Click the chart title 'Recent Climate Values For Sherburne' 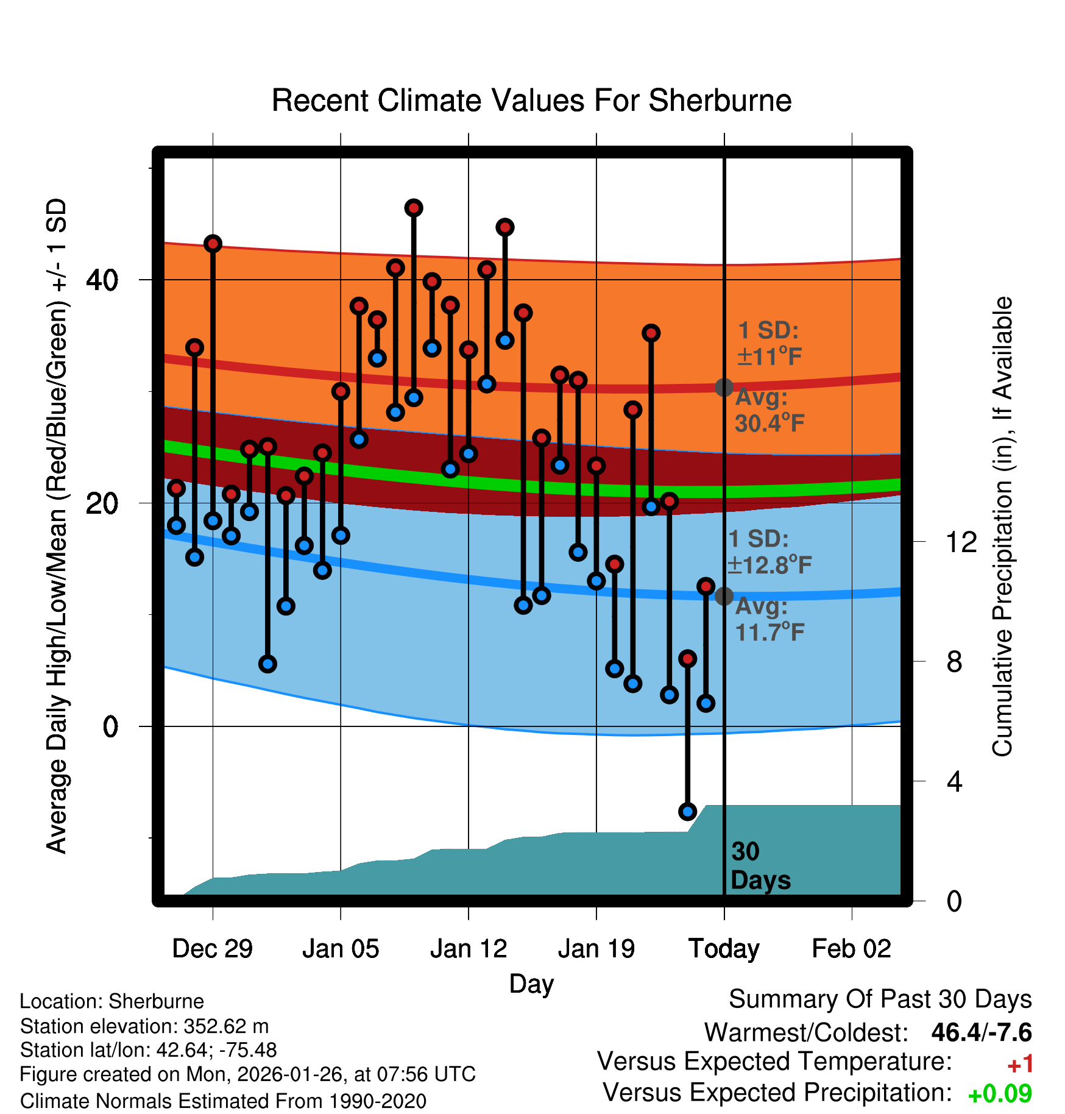531,101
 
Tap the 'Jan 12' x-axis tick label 468,949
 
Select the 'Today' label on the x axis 723,949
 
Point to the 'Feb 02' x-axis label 851,949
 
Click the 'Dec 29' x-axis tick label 212,949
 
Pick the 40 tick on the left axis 102,280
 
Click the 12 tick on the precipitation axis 961,542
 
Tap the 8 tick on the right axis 954,662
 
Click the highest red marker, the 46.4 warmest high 414,208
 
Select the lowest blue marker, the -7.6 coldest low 687,812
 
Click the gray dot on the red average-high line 724,387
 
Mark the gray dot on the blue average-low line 724,596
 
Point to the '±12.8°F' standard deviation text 769,566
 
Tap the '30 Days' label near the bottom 759,866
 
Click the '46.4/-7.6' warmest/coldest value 981,1032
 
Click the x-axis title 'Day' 531,984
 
